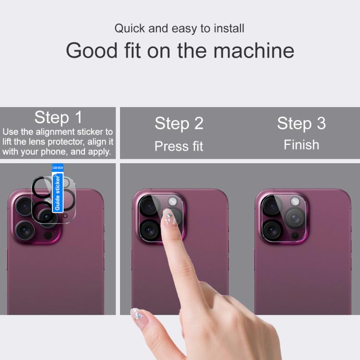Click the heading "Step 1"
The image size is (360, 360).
click(59, 118)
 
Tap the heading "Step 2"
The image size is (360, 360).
click(179, 123)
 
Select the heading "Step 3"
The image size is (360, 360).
click(301, 123)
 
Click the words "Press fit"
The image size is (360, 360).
click(179, 146)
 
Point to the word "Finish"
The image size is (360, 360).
click(301, 144)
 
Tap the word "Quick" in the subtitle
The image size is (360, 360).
click(129, 28)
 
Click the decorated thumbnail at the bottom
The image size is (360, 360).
click(137, 314)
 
